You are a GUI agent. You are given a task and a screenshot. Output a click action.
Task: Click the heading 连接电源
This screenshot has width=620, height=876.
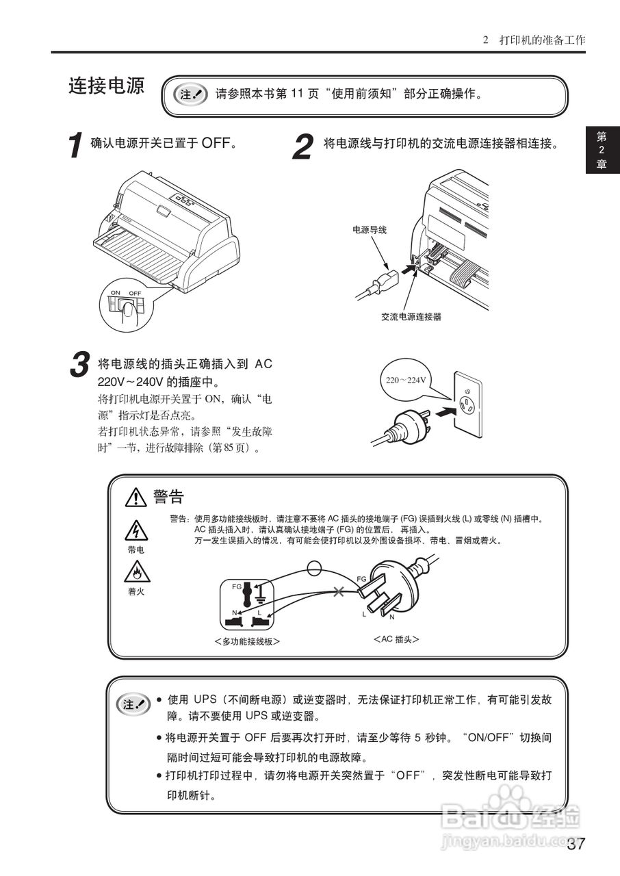pos(106,86)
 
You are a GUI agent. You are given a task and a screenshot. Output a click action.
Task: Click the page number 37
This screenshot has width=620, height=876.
pos(576,844)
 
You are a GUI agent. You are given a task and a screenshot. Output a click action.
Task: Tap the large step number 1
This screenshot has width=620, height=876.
pos(77,146)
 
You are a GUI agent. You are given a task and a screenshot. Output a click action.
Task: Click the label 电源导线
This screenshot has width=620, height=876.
pos(370,230)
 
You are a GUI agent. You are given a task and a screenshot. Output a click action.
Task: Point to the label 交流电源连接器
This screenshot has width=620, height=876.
pos(411,317)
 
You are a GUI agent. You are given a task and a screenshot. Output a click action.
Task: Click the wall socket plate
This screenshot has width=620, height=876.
pos(468,403)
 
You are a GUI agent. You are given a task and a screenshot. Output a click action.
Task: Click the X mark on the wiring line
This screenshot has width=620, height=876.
pos(338,591)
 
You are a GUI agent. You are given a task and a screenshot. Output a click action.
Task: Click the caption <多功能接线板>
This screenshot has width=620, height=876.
pos(247,641)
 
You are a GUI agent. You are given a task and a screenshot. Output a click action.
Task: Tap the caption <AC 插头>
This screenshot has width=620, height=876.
pos(396,639)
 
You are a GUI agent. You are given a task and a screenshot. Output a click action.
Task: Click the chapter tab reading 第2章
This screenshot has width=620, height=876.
pos(602,150)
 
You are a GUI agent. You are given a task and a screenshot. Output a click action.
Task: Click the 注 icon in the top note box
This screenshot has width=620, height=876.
pos(191,94)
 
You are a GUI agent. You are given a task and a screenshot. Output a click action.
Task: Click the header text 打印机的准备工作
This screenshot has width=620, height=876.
pos(542,40)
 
